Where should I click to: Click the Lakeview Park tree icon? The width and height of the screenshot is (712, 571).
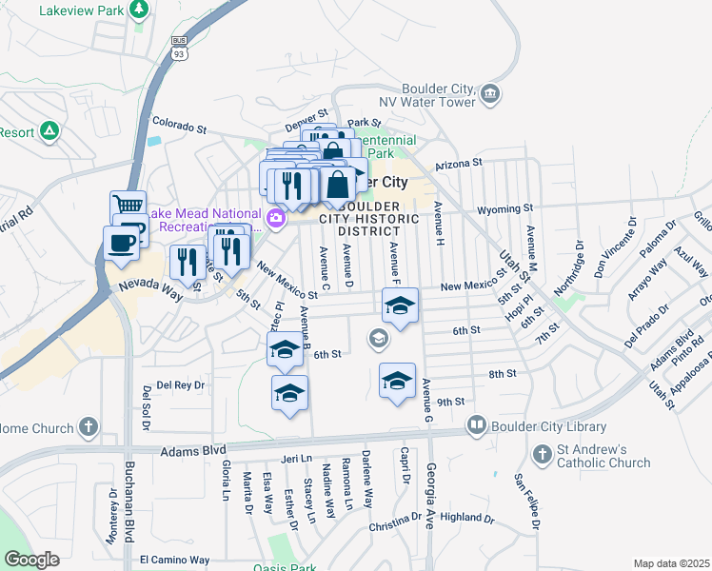click(140, 10)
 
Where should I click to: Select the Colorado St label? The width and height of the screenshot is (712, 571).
click(180, 126)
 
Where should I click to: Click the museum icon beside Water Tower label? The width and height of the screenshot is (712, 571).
click(490, 93)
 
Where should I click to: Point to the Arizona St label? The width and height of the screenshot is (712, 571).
click(460, 164)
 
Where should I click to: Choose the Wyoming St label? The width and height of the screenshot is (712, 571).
click(505, 208)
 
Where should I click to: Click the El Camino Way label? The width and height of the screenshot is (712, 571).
click(174, 560)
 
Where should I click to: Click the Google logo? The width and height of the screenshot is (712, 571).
click(31, 560)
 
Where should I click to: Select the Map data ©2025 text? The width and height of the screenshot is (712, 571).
click(671, 563)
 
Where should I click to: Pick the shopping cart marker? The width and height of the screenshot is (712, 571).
click(128, 205)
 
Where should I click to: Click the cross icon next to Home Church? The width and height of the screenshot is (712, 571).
click(89, 427)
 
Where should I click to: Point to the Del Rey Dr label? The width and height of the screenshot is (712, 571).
click(181, 385)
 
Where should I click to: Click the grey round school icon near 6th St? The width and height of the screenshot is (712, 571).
click(379, 338)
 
